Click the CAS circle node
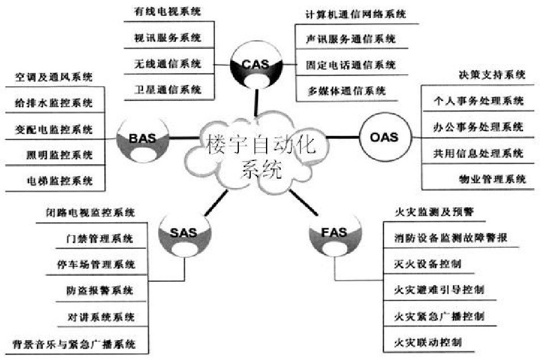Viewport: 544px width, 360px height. point(256,65)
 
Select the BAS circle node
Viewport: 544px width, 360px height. point(142,139)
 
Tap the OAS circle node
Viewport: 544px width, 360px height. point(385,137)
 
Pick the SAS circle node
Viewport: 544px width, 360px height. point(184,232)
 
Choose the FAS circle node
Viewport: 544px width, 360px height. point(335,232)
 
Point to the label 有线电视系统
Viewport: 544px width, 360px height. point(167,11)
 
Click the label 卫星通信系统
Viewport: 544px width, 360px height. point(168,90)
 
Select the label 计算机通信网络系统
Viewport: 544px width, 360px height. point(356,14)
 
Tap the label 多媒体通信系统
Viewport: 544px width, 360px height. point(347,91)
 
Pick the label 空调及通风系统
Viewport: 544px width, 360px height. point(54,77)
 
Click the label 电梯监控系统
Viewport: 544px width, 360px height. point(60,181)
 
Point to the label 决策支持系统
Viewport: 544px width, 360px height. point(492,75)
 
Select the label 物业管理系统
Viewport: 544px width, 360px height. point(492,179)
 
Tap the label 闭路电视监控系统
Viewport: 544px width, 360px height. point(90,212)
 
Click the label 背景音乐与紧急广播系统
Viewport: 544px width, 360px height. point(74,344)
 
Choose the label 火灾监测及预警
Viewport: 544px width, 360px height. point(434,211)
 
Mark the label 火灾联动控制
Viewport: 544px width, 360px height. point(428,342)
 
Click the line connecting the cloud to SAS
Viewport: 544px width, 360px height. point(216,203)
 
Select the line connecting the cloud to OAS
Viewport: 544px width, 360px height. point(343,137)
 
